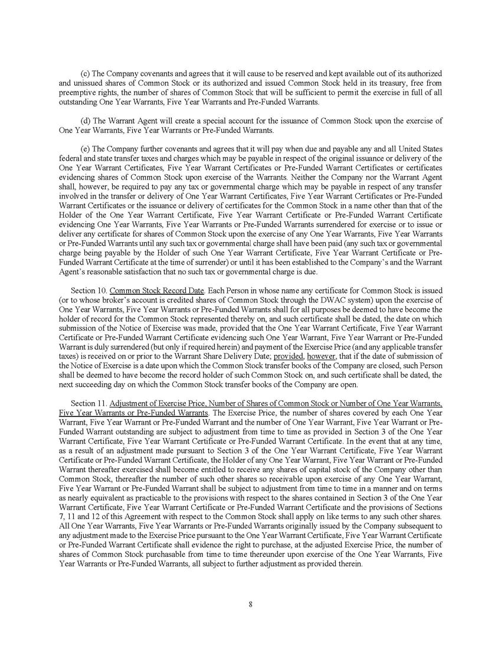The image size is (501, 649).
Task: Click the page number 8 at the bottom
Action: tap(251, 603)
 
